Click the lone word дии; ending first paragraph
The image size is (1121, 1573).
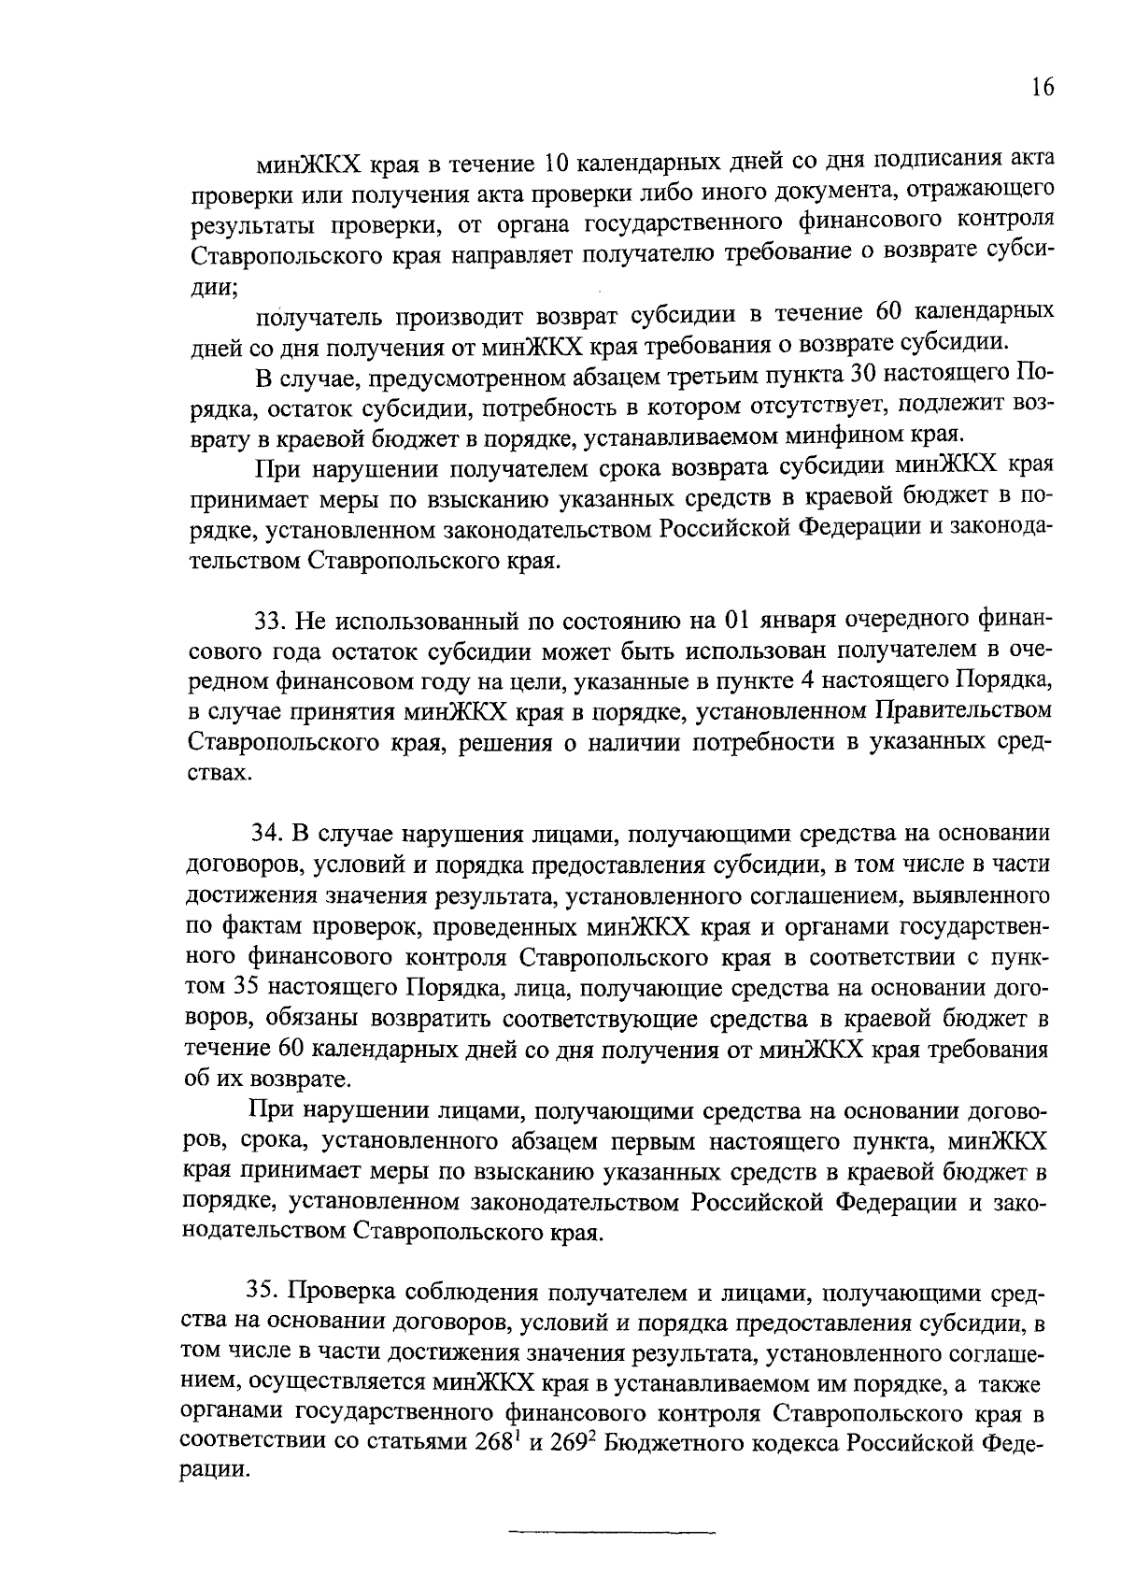coord(213,288)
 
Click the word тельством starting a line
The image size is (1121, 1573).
coord(245,562)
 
